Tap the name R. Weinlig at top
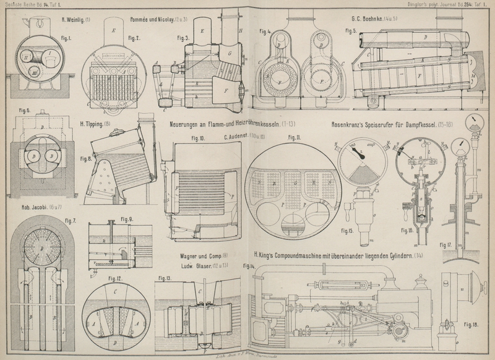[75, 20]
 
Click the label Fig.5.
[350, 30]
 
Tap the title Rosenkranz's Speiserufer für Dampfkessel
[396, 124]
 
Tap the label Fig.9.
[127, 219]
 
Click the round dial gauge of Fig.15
[363, 162]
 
